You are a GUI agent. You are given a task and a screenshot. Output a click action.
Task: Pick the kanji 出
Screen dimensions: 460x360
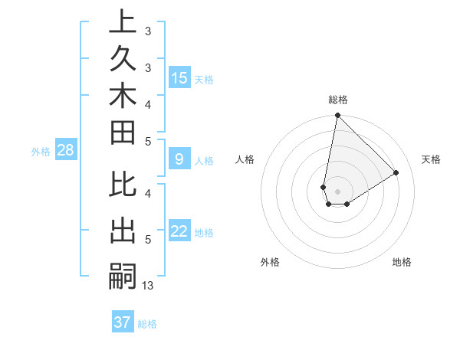(x=123, y=232)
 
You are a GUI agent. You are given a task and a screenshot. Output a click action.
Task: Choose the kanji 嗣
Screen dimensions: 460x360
(x=123, y=275)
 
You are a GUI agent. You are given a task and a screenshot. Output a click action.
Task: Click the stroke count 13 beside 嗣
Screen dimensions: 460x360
(x=148, y=286)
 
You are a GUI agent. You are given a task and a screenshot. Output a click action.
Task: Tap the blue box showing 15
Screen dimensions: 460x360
(x=179, y=78)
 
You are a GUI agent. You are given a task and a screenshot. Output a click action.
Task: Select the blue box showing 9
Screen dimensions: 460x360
(x=179, y=160)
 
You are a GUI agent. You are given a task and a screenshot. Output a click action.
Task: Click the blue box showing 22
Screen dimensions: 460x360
(x=179, y=232)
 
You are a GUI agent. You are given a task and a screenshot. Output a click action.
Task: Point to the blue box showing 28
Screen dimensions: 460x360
(x=65, y=151)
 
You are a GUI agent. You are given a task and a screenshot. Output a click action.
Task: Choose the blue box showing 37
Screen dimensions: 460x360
(x=123, y=322)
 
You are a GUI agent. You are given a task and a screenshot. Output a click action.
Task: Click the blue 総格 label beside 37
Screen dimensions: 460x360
(x=147, y=324)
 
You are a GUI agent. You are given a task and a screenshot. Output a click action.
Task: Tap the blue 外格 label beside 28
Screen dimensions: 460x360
(x=41, y=152)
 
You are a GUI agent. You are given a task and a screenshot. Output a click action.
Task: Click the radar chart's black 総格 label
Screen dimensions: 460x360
(x=338, y=100)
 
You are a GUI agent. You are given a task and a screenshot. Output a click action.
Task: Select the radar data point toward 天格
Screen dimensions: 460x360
(x=396, y=173)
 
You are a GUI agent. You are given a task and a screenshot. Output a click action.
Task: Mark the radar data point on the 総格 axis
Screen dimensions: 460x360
(x=337, y=116)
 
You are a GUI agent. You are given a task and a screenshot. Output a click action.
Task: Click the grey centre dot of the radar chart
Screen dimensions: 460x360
(x=337, y=191)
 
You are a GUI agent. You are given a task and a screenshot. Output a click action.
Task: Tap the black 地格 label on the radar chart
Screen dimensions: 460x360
(x=402, y=262)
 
